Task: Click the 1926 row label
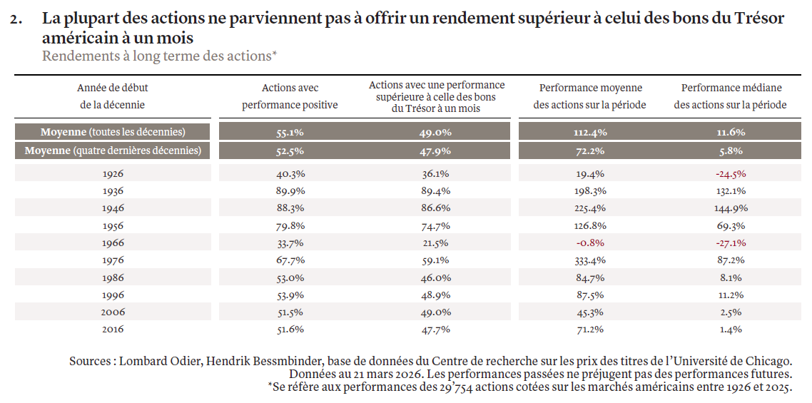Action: (x=113, y=174)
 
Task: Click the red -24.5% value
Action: (x=731, y=174)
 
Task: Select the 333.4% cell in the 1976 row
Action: (x=589, y=260)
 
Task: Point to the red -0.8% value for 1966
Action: (x=590, y=243)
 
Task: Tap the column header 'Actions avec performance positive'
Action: (x=290, y=96)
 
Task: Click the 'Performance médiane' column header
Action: (x=731, y=96)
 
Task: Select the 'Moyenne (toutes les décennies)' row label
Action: (x=113, y=132)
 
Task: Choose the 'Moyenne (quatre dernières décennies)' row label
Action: (x=113, y=151)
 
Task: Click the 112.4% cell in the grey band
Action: (x=590, y=133)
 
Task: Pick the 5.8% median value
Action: (x=731, y=152)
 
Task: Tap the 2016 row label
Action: (x=113, y=330)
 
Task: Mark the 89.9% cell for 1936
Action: (x=290, y=191)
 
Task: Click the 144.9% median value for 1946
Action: (x=731, y=209)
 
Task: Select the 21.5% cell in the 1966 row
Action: (x=435, y=243)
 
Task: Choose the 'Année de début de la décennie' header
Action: (x=112, y=96)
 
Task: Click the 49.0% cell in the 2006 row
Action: (x=435, y=312)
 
